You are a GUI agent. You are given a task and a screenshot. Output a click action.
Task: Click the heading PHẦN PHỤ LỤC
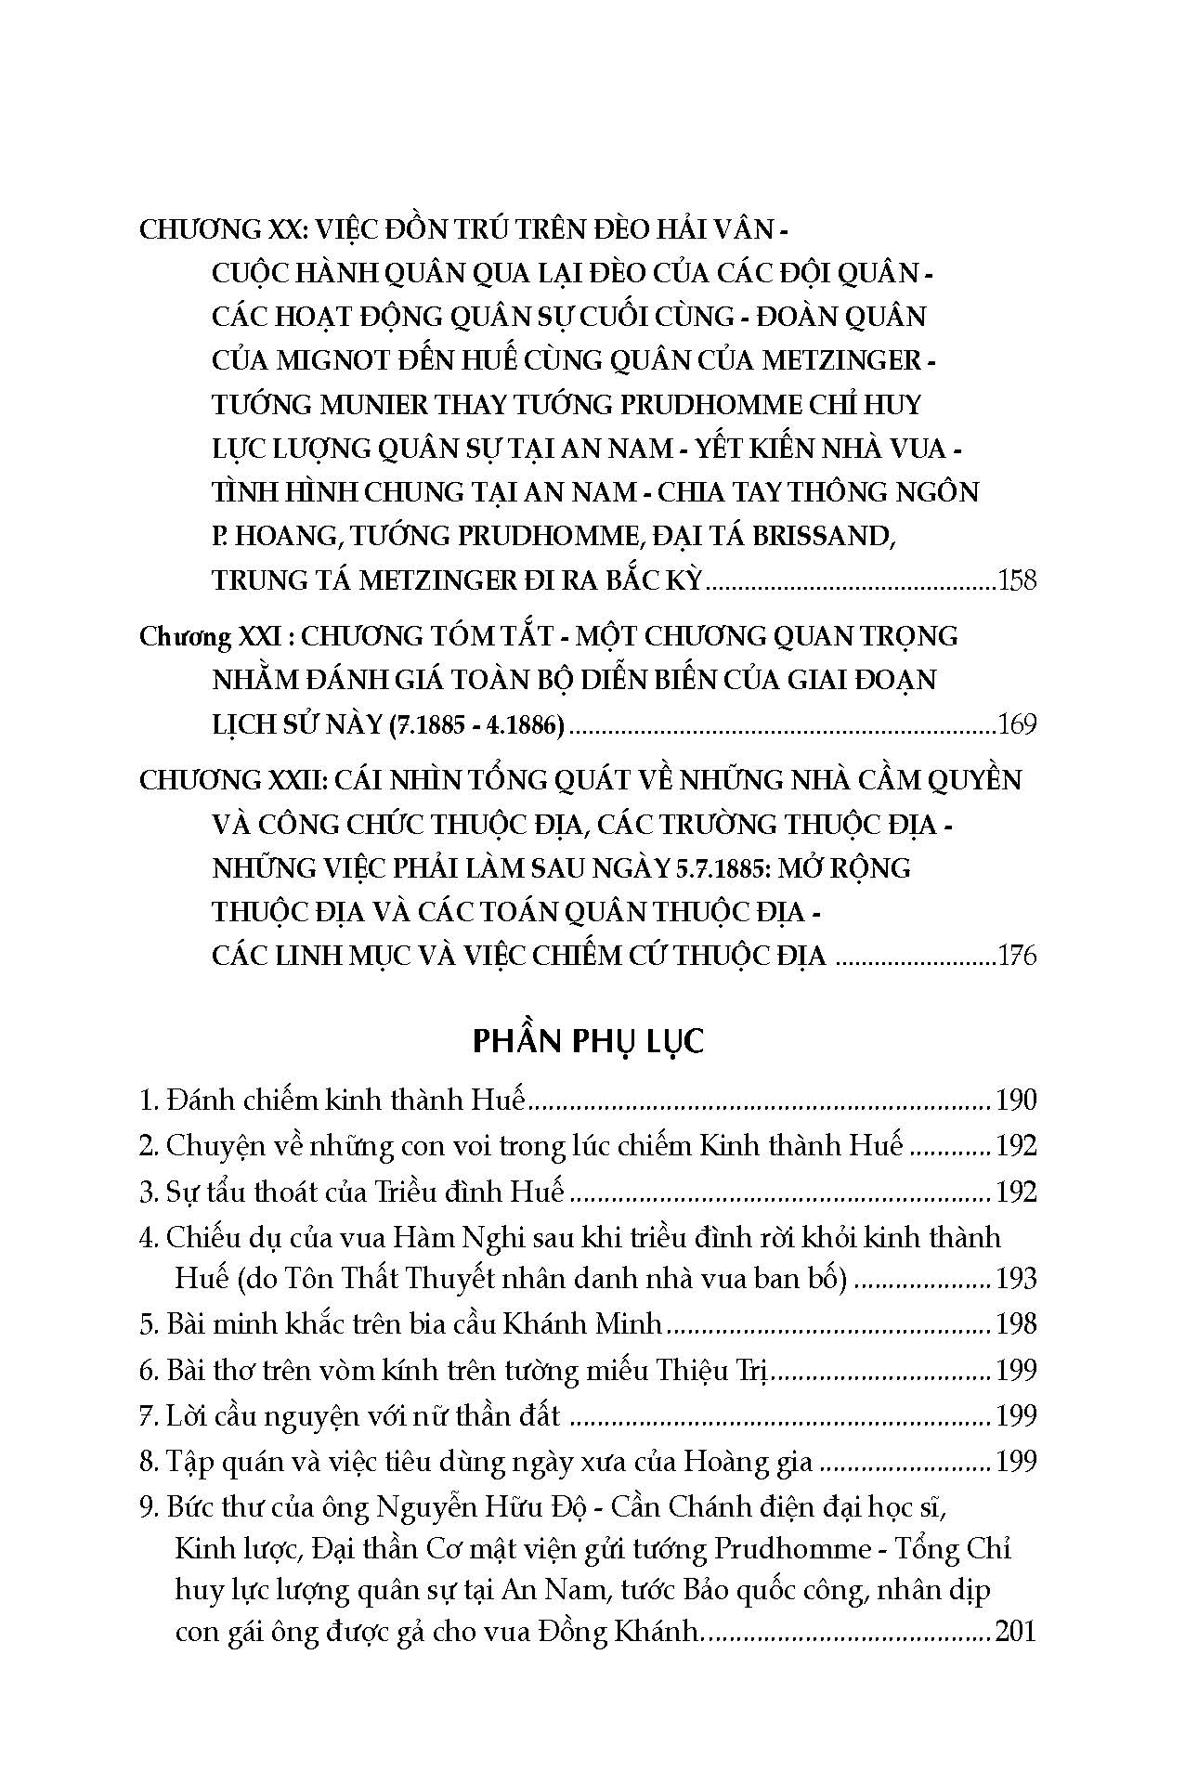click(588, 1041)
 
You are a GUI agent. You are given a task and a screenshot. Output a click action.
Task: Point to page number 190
click(1015, 1101)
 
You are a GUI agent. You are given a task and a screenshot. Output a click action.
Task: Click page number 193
click(1015, 1279)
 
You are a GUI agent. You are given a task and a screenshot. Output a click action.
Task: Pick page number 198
click(1015, 1323)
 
